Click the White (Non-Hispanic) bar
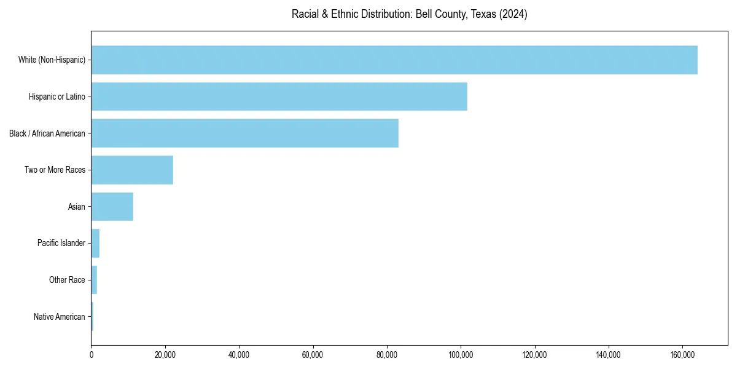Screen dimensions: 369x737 pos(394,60)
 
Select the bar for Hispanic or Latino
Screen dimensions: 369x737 pos(279,97)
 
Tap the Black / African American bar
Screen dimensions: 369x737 pos(244,133)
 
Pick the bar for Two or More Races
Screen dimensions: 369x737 pos(132,170)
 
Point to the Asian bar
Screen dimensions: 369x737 pos(112,207)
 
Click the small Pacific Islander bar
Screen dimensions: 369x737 pos(95,243)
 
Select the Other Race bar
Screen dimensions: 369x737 pos(94,280)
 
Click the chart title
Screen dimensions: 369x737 pos(409,14)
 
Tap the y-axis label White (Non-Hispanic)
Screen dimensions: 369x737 pos(52,60)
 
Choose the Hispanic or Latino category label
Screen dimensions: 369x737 pos(57,97)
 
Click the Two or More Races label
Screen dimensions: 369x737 pos(55,170)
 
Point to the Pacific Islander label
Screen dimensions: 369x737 pos(61,243)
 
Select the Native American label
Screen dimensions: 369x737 pos(59,317)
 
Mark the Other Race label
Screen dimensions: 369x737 pos(67,280)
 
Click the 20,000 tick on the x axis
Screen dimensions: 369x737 pos(165,355)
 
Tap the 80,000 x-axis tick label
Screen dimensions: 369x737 pos(386,355)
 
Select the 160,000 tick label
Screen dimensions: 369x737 pos(682,355)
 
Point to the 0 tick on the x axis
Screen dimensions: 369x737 pos(91,355)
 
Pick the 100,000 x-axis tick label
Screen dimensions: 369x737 pos(461,355)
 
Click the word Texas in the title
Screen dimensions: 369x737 pos(483,14)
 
